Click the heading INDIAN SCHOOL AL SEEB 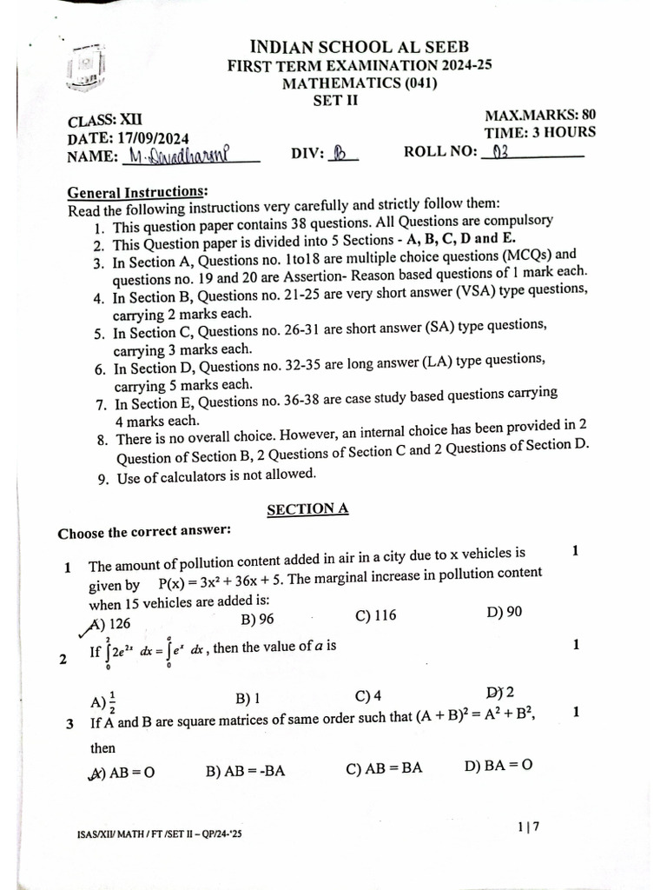coord(359,47)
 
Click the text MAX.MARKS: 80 coord(539,115)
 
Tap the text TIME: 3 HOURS coord(539,132)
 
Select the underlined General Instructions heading coord(137,192)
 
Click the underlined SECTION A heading coord(307,509)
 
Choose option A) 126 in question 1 coord(110,622)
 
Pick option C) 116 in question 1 coord(375,615)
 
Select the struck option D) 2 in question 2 coord(500,693)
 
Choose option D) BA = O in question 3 coord(498,766)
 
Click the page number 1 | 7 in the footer coord(528,827)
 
